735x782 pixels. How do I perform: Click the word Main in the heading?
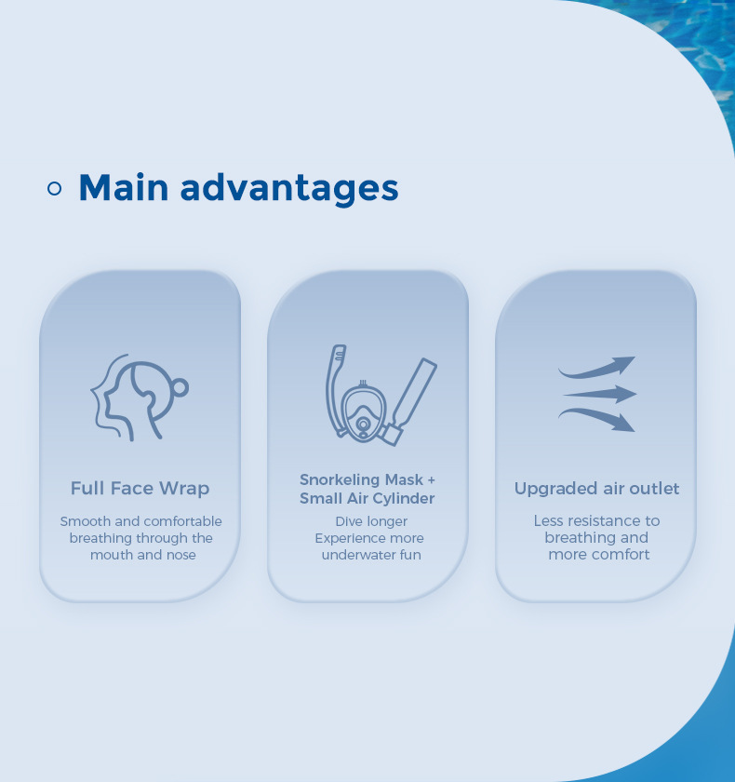pos(124,187)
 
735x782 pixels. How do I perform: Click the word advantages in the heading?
pos(289,190)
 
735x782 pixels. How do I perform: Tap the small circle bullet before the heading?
pos(54,188)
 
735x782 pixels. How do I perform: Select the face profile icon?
pos(140,398)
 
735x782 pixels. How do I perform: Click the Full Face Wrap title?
pos(140,488)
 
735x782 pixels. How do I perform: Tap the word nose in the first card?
pos(180,555)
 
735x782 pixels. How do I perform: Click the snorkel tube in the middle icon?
pos(335,389)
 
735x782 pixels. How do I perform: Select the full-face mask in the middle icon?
pos(363,410)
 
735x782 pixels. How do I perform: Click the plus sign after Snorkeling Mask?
pos(431,479)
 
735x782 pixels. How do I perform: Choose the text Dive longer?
pos(371,521)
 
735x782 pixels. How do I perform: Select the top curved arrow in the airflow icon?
pos(596,368)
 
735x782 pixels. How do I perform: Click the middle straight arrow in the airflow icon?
pos(600,394)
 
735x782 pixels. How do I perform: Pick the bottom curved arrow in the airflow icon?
pos(596,420)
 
